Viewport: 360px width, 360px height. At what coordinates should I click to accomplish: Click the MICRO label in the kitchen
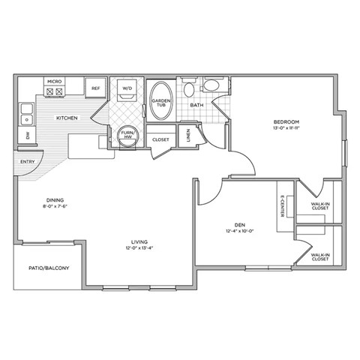click(x=53, y=80)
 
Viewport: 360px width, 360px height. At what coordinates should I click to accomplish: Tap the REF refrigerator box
click(x=95, y=88)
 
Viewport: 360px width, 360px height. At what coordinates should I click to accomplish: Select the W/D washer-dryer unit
click(x=125, y=89)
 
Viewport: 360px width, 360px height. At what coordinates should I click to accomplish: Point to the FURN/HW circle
click(x=127, y=135)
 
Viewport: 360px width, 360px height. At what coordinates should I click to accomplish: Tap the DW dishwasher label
click(x=28, y=136)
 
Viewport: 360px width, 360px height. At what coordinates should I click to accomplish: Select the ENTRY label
click(x=27, y=161)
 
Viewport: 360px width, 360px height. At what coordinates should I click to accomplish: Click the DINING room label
click(x=55, y=200)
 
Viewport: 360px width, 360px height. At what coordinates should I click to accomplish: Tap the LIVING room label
click(x=136, y=241)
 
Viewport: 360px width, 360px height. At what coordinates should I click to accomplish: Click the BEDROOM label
click(x=286, y=121)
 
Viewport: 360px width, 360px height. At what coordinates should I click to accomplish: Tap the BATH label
click(x=196, y=106)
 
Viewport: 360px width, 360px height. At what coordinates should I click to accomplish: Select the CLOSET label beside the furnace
click(x=160, y=139)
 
